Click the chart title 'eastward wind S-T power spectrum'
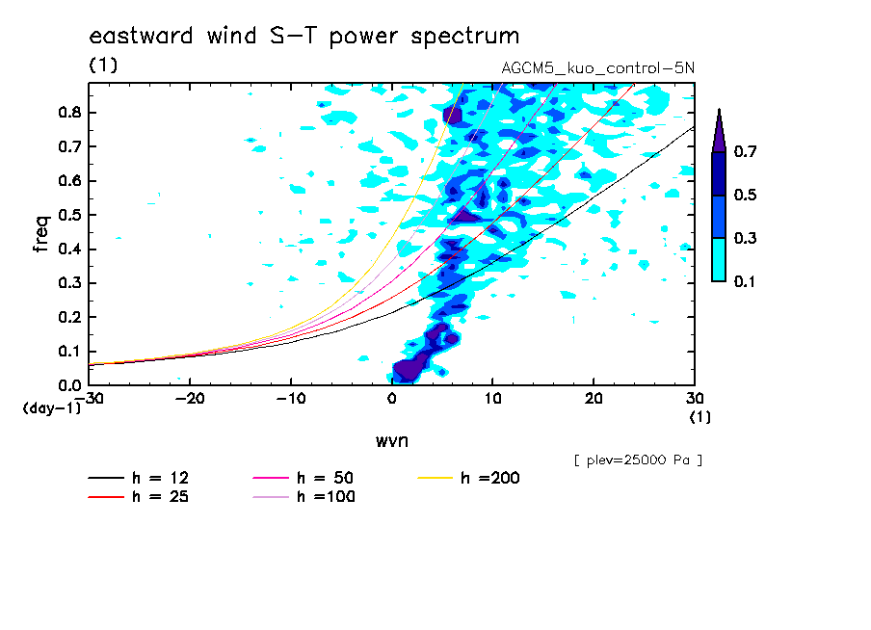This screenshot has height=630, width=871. point(304,36)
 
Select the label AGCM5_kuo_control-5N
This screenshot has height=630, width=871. point(597,67)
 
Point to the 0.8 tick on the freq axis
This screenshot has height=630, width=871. point(70,112)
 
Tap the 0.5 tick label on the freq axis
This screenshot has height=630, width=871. point(70,215)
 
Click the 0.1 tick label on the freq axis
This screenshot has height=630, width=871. point(70,352)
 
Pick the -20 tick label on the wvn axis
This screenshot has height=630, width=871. point(190,399)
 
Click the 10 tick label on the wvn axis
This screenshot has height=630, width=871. point(492,399)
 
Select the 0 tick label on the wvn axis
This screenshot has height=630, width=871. point(391,399)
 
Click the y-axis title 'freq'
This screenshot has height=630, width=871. point(41,234)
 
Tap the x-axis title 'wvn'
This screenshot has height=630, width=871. point(391,441)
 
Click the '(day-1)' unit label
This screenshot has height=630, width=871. point(52,408)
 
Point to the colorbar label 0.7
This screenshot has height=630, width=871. point(745,151)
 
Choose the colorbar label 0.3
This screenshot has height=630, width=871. point(745,238)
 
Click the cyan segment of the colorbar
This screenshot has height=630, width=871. point(719,259)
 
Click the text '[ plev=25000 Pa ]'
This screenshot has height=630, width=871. point(638,460)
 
